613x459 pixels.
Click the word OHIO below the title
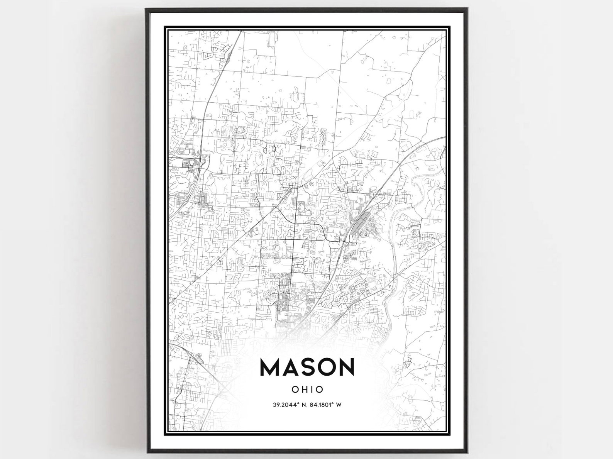coord(308,390)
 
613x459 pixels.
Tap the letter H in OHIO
coord(304,390)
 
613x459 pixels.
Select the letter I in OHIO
coord(312,390)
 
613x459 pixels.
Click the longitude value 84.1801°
coord(322,405)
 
